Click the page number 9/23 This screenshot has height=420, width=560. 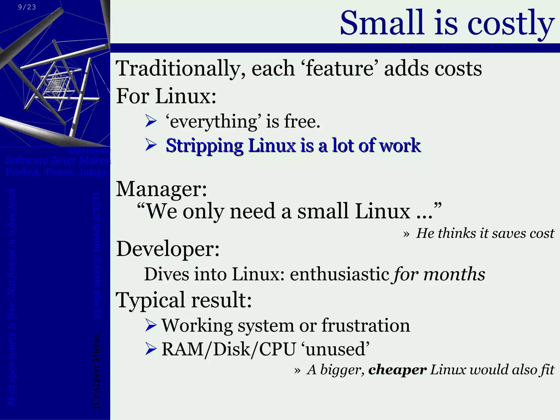click(x=27, y=7)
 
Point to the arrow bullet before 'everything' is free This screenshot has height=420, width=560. click(x=151, y=121)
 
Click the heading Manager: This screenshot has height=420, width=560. click(x=161, y=189)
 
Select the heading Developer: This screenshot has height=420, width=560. click(x=168, y=249)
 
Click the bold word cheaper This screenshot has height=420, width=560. click(x=397, y=370)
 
